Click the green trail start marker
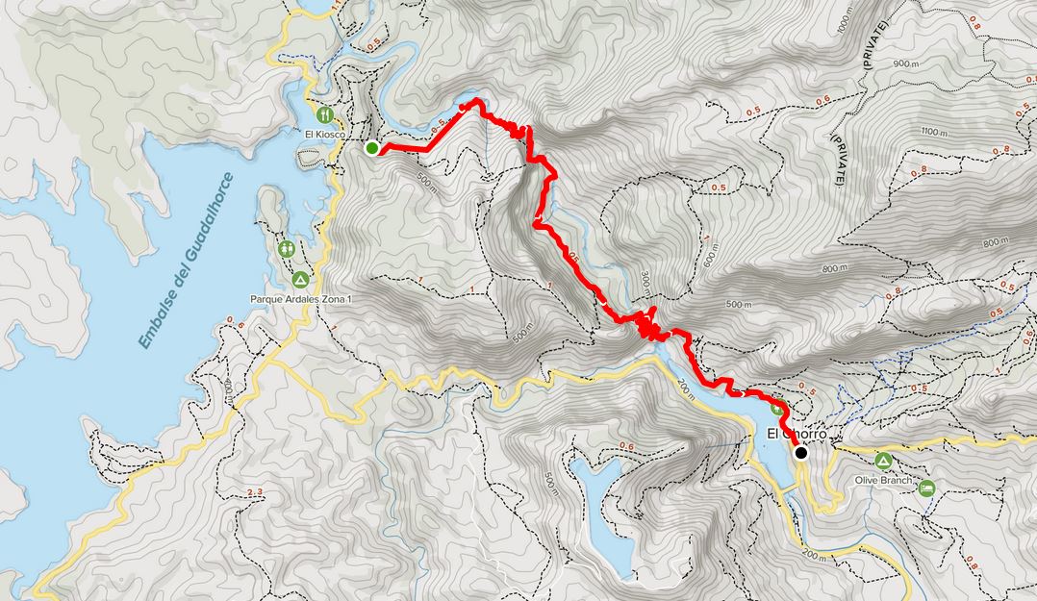pos(371,147)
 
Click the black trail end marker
pos(800,451)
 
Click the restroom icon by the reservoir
pos(287,248)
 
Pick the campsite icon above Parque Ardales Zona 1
pos(300,280)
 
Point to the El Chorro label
pos(797,435)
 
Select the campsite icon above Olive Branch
pos(884,460)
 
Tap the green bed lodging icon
pos(925,488)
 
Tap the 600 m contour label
pos(709,254)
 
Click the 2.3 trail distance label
pos(255,492)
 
